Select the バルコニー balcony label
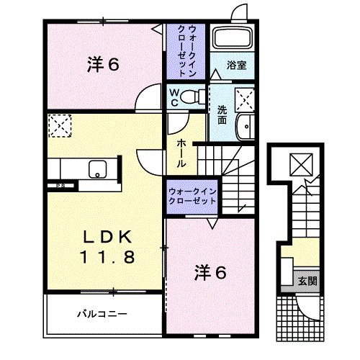[x=102, y=314]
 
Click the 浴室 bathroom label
[x=236, y=65]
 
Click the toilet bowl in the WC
[x=191, y=97]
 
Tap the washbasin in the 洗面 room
[x=246, y=125]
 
